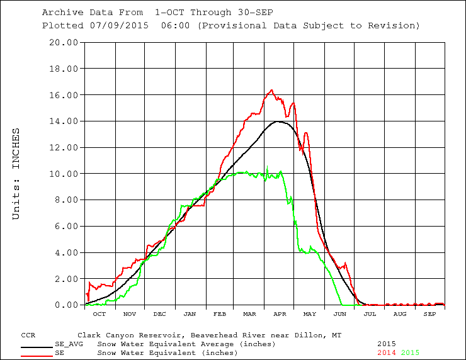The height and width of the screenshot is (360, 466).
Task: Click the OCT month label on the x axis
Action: coord(99,313)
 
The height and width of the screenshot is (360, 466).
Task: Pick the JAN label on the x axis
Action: coord(190,313)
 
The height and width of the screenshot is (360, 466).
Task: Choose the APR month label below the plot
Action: coord(280,313)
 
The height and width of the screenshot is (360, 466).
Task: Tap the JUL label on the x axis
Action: coord(370,313)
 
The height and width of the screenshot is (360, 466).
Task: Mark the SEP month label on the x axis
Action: coord(429,313)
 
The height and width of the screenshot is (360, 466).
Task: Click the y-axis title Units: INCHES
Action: coord(17,174)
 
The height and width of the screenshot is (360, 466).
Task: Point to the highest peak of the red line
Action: coord(271,90)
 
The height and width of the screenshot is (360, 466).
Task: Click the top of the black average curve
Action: coord(278,121)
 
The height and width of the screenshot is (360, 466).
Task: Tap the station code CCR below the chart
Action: coord(28,335)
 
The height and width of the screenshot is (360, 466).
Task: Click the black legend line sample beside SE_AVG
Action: coord(37,346)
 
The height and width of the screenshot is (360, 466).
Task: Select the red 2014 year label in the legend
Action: coord(387,352)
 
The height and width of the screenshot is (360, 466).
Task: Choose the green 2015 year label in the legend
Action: coord(410,352)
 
